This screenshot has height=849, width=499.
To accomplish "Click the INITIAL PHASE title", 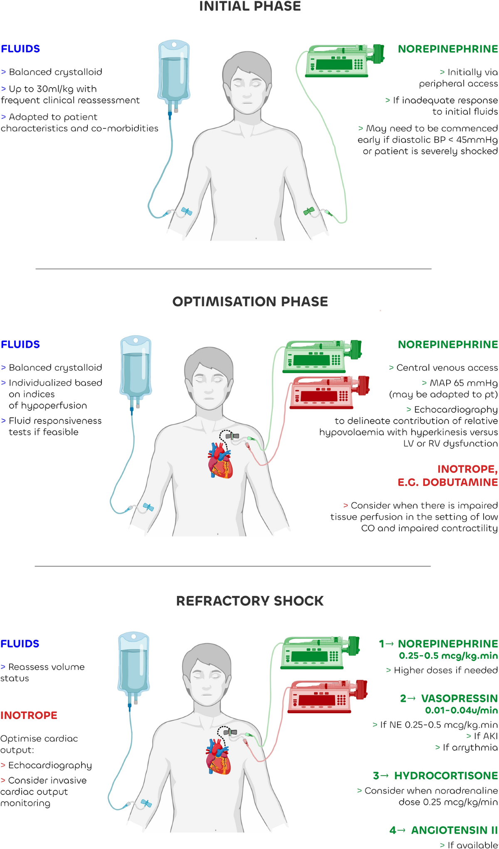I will click(250, 7).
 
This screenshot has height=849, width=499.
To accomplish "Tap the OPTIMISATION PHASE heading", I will click(250, 301).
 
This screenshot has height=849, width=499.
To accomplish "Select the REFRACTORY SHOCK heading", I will click(250, 600).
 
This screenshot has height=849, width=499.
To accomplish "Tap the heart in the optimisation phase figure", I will click(220, 460).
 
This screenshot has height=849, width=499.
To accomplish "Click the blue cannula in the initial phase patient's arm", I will click(186, 212).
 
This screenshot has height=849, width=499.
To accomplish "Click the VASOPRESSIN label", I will click(459, 699).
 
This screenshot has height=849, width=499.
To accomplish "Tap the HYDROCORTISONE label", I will click(446, 776).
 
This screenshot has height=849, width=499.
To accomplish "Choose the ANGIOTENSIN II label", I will click(454, 830).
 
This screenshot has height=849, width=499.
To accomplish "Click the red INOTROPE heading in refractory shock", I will click(29, 715).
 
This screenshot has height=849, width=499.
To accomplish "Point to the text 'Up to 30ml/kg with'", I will click(52, 89).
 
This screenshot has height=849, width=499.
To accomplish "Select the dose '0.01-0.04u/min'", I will click(461, 710).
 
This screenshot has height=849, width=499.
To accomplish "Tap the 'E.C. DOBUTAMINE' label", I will click(447, 482).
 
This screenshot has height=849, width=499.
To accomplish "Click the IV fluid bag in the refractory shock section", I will click(133, 665).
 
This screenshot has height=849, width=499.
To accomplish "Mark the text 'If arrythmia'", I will click(470, 748).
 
